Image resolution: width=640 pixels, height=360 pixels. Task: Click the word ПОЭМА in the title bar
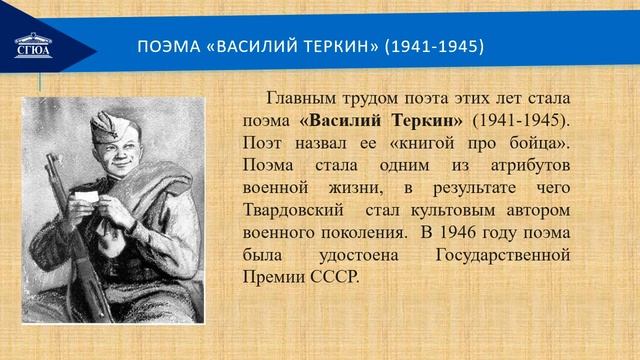(x=166, y=47)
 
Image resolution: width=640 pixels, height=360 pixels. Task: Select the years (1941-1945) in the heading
(x=434, y=47)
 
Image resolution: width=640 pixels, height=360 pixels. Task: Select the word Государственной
(x=504, y=255)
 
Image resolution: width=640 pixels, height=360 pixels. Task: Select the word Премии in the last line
(x=275, y=278)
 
